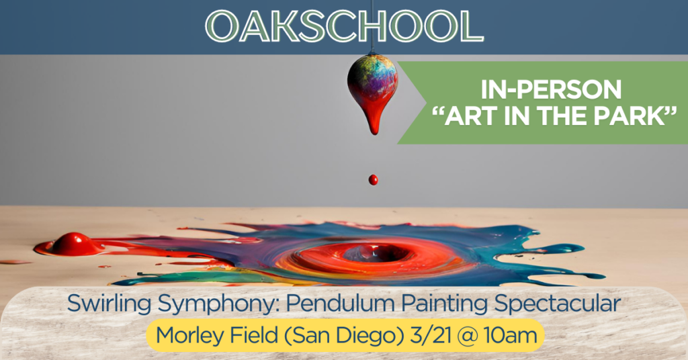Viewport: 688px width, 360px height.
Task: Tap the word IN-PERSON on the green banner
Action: pos(551,89)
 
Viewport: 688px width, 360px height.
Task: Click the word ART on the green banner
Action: pos(472,116)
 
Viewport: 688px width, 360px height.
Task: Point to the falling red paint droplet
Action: pos(373,180)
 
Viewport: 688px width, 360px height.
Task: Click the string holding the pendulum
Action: pos(372,26)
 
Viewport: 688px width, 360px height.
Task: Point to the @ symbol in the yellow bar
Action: pos(466,336)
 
